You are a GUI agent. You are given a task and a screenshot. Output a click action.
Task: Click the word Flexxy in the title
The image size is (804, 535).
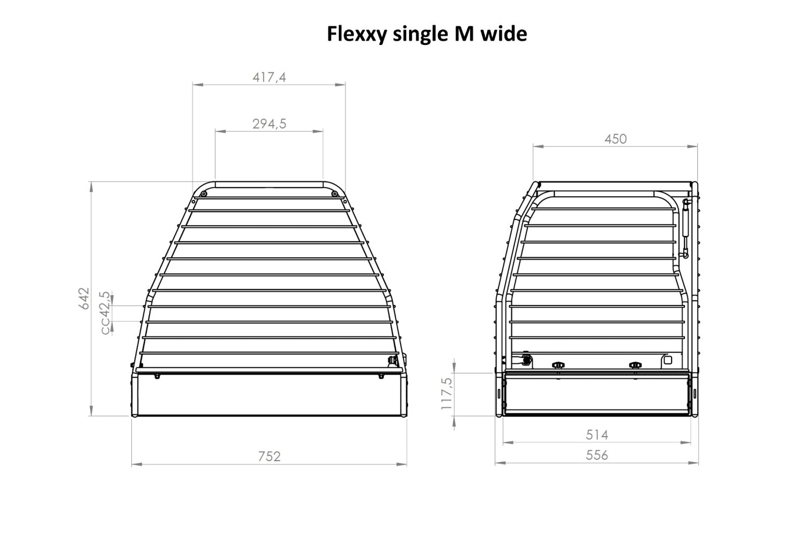[x=357, y=35]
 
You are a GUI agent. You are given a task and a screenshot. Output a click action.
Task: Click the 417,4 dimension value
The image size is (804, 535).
[x=269, y=77]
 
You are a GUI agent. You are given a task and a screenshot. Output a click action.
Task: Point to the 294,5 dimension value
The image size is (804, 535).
[x=269, y=124]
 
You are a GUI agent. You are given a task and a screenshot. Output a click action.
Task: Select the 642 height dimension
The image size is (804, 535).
[x=84, y=298]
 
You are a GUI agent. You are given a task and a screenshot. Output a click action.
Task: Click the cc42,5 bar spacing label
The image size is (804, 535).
[x=105, y=313]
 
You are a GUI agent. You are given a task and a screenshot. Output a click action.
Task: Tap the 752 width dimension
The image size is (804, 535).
[x=269, y=457]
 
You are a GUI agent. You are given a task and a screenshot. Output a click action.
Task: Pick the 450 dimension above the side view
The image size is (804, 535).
[x=615, y=139]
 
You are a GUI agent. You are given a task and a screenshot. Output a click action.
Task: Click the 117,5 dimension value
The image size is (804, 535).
[x=446, y=394]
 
